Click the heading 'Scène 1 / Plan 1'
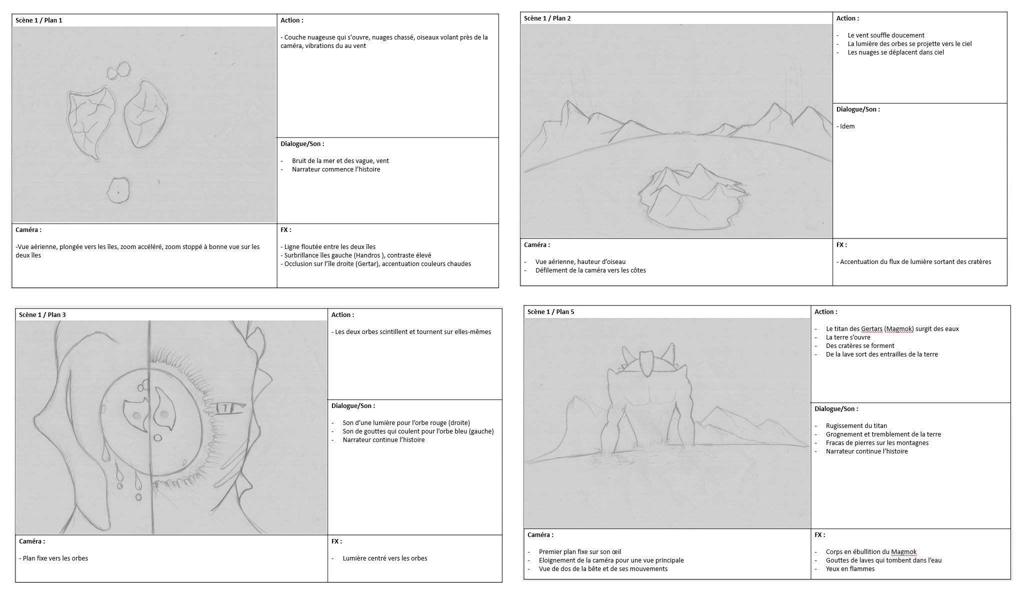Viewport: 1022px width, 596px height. (x=39, y=20)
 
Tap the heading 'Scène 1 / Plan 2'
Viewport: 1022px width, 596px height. (x=547, y=18)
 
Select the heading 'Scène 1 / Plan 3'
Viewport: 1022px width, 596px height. (x=42, y=315)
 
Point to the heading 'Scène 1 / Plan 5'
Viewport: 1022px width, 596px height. (x=551, y=312)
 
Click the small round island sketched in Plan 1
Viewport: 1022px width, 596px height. (x=118, y=190)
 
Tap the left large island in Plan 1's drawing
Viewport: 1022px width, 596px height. (x=90, y=123)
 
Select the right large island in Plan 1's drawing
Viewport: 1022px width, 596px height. (x=145, y=115)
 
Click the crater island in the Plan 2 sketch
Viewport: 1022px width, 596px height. (x=689, y=198)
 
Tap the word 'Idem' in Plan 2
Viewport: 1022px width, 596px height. (x=847, y=126)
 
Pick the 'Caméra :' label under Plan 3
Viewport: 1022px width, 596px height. (x=32, y=541)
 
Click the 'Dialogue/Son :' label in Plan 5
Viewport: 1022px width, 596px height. (x=836, y=409)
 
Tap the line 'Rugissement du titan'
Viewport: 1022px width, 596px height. (x=856, y=426)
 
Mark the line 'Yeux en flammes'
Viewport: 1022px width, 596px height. (x=850, y=569)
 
